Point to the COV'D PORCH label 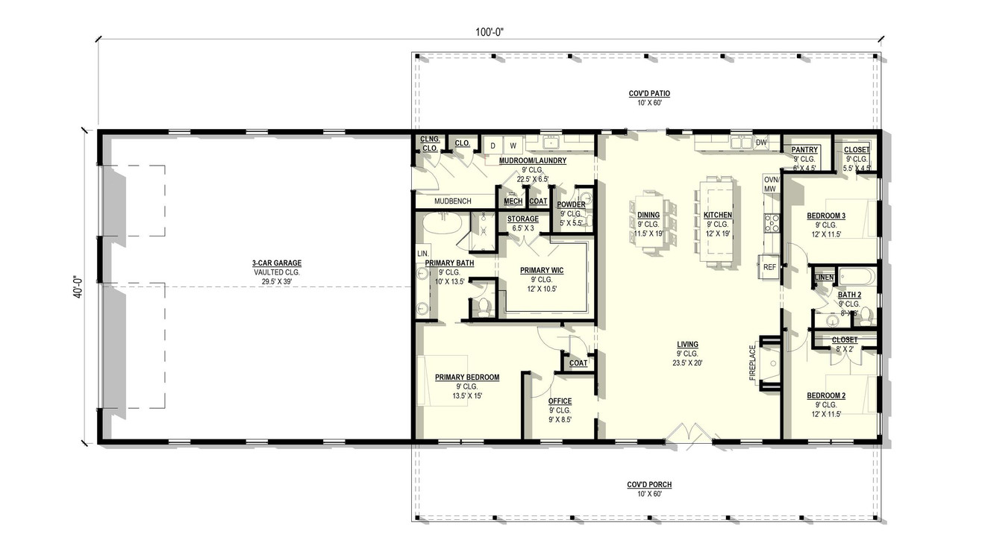click(x=645, y=485)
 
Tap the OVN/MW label click(x=771, y=184)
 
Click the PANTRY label click(x=804, y=150)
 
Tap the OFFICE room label click(x=560, y=401)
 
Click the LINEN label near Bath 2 click(x=824, y=278)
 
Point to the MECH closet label click(x=513, y=201)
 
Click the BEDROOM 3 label click(x=826, y=216)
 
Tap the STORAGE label click(x=523, y=219)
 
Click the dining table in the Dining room click(x=648, y=224)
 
